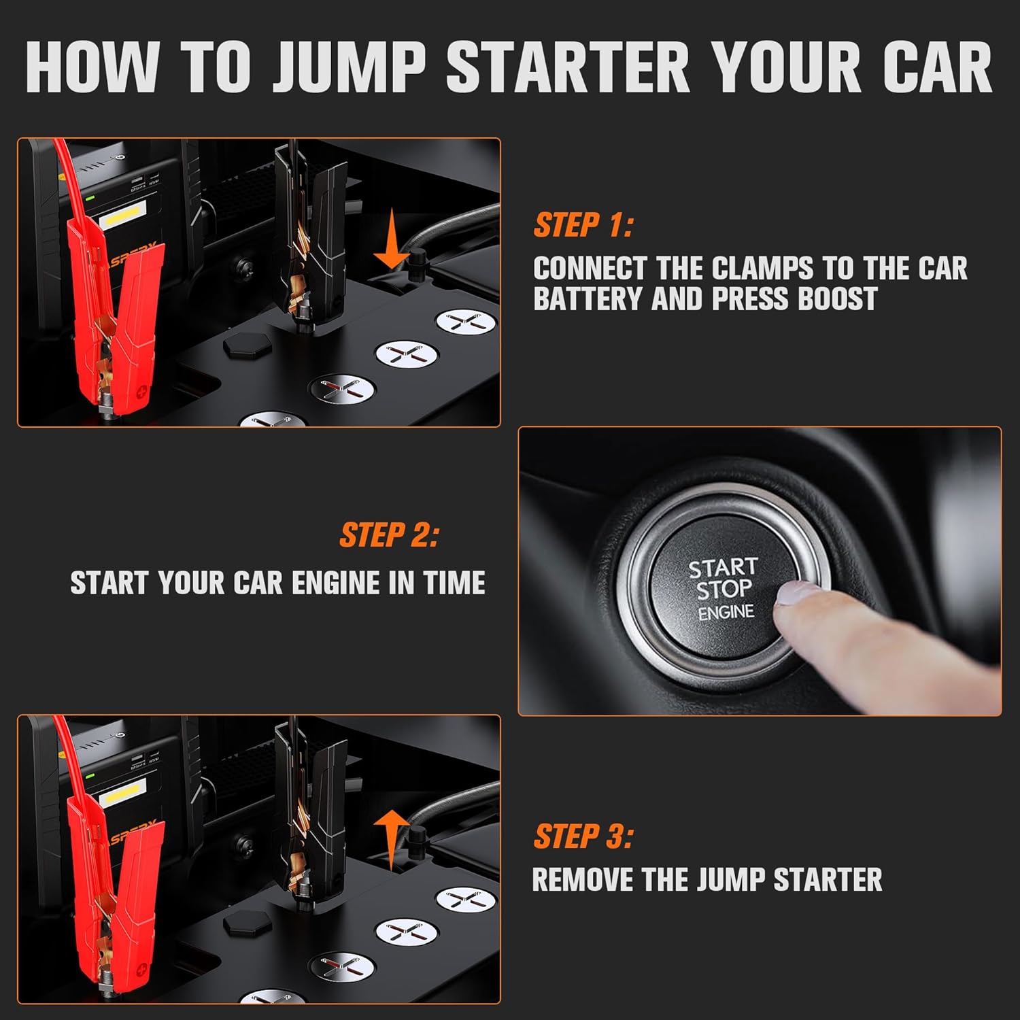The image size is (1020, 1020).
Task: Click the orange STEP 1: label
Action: click(583, 225)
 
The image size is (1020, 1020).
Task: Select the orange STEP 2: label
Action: click(389, 535)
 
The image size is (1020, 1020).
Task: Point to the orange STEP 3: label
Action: click(583, 836)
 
